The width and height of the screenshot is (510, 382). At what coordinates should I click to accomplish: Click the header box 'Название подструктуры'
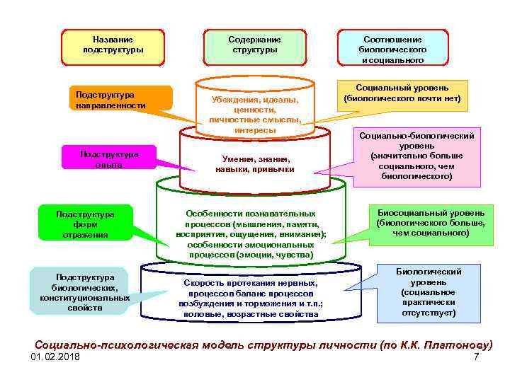click(113, 45)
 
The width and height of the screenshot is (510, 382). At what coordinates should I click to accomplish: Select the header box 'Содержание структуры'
click(254, 45)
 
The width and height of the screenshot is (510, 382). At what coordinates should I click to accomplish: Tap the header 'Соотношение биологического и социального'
click(392, 48)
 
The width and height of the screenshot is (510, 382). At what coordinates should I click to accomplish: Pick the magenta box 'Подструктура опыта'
click(109, 158)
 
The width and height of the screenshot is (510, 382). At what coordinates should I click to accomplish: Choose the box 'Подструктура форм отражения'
click(85, 224)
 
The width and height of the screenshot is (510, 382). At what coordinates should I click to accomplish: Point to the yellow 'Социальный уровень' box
click(402, 93)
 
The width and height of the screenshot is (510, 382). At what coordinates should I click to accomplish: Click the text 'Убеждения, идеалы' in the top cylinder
click(254, 100)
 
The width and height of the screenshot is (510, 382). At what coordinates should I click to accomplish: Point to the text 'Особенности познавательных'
click(250, 213)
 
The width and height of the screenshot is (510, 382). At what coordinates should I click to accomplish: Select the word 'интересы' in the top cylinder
click(254, 130)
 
